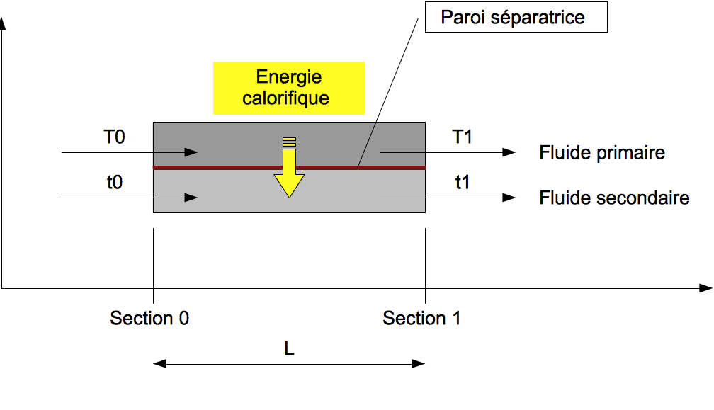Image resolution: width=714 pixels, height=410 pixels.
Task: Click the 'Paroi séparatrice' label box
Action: (516, 18)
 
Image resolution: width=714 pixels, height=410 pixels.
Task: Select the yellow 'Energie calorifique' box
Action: (289, 88)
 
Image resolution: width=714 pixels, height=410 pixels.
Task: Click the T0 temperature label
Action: (114, 137)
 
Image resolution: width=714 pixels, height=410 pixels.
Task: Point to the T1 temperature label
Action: (463, 137)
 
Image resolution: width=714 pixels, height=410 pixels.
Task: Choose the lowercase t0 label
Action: (114, 183)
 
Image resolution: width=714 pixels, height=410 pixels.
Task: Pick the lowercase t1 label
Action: (463, 183)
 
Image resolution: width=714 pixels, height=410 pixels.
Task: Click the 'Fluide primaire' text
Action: (602, 152)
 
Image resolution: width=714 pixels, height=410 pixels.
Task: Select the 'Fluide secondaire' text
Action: (614, 198)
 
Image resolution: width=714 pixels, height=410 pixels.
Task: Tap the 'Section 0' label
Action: (149, 319)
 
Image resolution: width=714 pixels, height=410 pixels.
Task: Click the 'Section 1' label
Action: (421, 319)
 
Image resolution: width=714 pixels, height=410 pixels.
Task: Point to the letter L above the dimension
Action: (289, 349)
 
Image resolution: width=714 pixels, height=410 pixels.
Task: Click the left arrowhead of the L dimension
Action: (159, 364)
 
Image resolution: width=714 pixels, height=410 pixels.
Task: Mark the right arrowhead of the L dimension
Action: (419, 364)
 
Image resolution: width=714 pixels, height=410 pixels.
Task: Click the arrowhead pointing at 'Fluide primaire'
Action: (509, 152)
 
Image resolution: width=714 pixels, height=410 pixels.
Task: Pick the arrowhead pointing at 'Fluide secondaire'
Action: (509, 198)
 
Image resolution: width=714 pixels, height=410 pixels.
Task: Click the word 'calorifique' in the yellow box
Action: (285, 98)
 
